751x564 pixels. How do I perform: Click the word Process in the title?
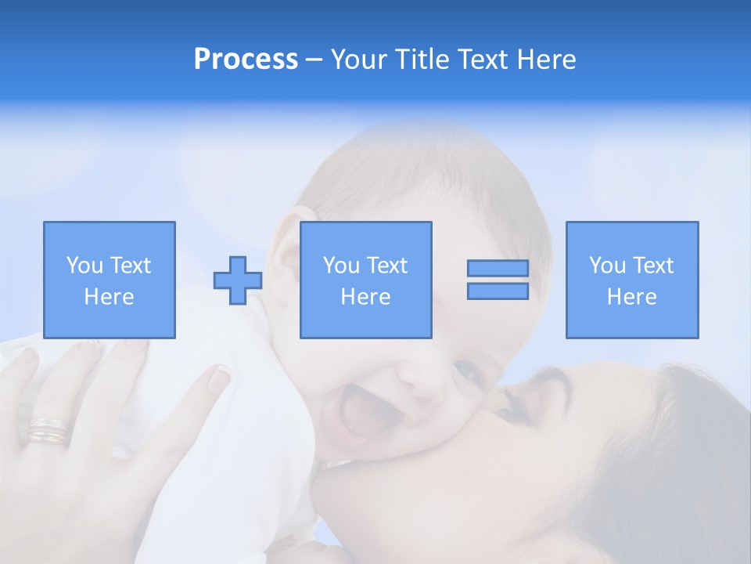pyautogui.click(x=246, y=60)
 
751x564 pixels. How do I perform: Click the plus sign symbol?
pyautogui.click(x=238, y=280)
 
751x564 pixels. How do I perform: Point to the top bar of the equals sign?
pyautogui.click(x=498, y=268)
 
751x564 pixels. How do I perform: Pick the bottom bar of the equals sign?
pyautogui.click(x=498, y=291)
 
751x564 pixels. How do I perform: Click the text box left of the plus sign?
pyautogui.click(x=110, y=280)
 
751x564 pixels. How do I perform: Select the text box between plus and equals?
pyautogui.click(x=366, y=280)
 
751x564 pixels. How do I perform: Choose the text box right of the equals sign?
pyautogui.click(x=632, y=280)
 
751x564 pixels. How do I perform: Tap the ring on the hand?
pyautogui.click(x=49, y=430)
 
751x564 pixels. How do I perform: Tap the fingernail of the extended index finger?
pyautogui.click(x=217, y=381)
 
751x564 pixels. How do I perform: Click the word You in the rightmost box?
pyautogui.click(x=607, y=266)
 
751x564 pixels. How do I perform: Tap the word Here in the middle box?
pyautogui.click(x=366, y=297)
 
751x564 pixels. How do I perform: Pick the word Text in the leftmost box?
pyautogui.click(x=129, y=266)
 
